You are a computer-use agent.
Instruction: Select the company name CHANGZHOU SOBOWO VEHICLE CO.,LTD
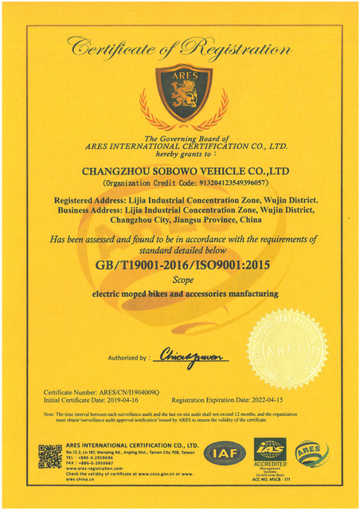(x=179, y=170)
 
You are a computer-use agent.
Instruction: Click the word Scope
(x=180, y=280)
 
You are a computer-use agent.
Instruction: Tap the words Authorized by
(x=127, y=358)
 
